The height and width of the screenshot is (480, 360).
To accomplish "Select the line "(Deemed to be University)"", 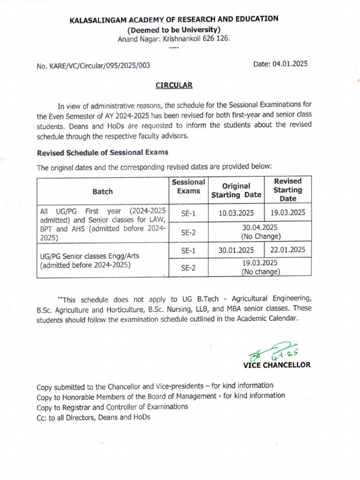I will [x=173, y=30].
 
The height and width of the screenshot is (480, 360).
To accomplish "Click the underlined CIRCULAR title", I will [x=173, y=85].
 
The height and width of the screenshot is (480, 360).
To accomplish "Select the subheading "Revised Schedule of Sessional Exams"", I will [x=102, y=152].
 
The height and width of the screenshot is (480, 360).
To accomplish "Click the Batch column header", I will [x=103, y=191].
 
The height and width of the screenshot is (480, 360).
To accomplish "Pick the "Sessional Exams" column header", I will [x=188, y=186].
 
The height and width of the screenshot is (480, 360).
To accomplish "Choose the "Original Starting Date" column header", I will [x=236, y=190].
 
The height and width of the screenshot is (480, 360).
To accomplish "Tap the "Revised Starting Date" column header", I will [x=288, y=190].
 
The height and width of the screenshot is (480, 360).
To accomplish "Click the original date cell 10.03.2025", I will [x=236, y=213].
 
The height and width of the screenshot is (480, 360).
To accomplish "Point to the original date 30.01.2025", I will [x=236, y=250].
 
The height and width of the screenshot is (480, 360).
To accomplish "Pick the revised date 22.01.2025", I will [x=288, y=250].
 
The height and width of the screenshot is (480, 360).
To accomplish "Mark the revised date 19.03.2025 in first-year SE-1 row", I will [x=288, y=212].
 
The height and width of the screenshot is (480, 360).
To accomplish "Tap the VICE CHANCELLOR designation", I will [x=277, y=365].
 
